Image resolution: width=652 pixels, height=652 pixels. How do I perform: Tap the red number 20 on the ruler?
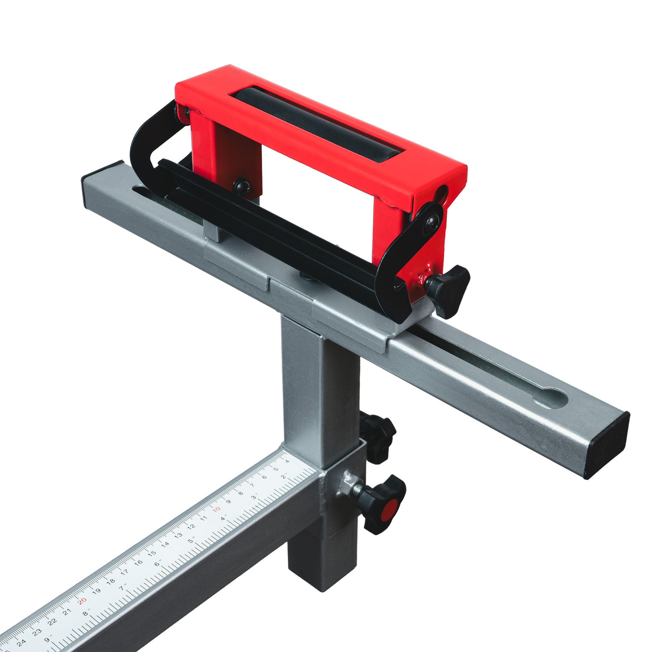[82, 601]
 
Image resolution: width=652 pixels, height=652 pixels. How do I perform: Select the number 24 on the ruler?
[21, 642]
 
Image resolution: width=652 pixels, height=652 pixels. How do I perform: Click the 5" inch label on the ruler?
[191, 540]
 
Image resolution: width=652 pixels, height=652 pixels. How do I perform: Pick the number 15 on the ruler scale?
[152, 553]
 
